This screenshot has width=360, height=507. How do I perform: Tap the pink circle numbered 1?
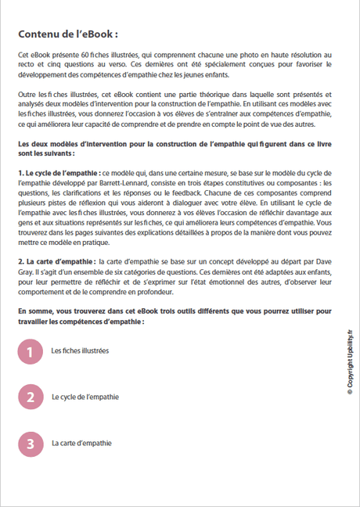coord(30,352)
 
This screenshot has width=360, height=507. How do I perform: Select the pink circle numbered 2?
coord(30,397)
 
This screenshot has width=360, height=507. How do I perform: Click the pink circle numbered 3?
coord(30,444)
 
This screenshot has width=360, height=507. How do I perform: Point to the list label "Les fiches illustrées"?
coord(80,352)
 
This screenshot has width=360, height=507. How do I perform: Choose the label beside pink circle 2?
coord(85,397)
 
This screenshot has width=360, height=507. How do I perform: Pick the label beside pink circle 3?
coord(81,444)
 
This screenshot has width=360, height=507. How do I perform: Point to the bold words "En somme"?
coord(35,311)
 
